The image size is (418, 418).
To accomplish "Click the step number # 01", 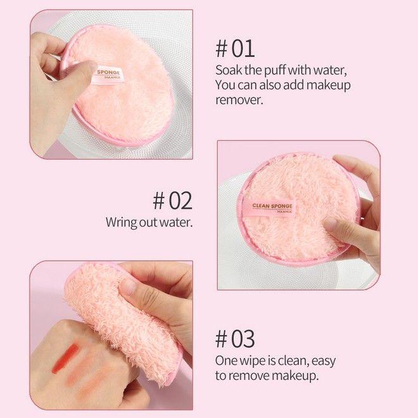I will (235, 48).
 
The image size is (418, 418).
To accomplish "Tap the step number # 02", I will (172, 200).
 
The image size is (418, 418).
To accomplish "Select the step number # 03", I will (235, 339).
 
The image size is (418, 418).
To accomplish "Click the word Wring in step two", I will (121, 223).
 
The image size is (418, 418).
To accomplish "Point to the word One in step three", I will (226, 361).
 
